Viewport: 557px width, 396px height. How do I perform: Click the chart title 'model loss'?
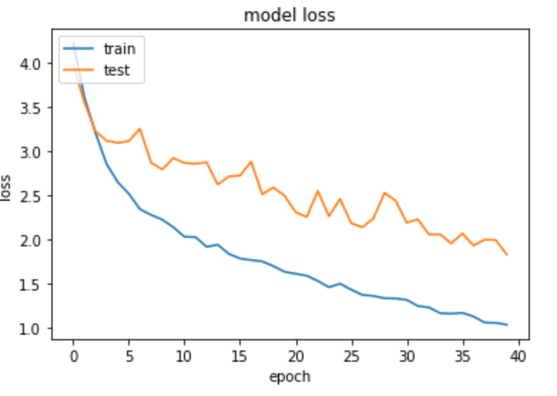pyautogui.click(x=288, y=15)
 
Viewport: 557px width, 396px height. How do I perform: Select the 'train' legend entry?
pyautogui.click(x=119, y=49)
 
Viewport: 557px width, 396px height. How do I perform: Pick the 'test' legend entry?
pyautogui.click(x=116, y=71)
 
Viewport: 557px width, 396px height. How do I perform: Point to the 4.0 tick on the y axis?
pyautogui.click(x=33, y=63)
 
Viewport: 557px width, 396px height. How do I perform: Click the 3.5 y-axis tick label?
pyautogui.click(x=33, y=108)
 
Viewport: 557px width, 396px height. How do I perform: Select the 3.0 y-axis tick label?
pyautogui.click(x=33, y=152)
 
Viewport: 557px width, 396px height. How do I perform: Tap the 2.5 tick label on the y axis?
pyautogui.click(x=33, y=196)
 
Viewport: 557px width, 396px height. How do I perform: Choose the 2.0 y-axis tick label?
pyautogui.click(x=33, y=240)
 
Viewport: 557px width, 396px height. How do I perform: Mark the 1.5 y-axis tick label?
pyautogui.click(x=33, y=284)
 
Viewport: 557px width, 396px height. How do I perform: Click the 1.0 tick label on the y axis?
pyautogui.click(x=33, y=328)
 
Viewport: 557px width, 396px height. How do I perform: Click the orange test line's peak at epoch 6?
pyautogui.click(x=140, y=129)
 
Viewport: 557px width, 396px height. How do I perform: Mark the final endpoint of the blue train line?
pyautogui.click(x=507, y=325)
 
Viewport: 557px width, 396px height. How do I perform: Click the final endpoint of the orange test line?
pyautogui.click(x=507, y=255)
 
